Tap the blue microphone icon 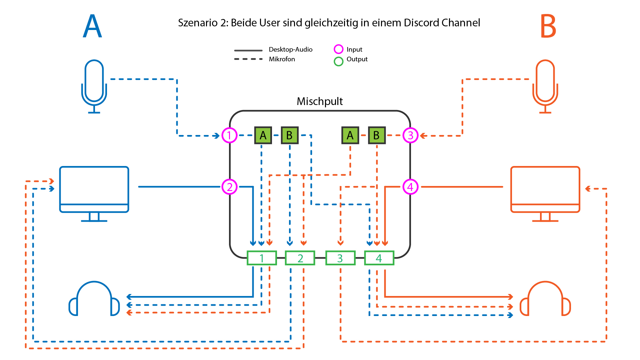[x=94, y=86]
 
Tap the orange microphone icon [x=545, y=86]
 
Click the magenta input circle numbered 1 [x=229, y=135]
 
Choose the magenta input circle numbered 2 [x=229, y=187]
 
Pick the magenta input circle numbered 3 [x=410, y=135]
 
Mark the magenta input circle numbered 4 [x=410, y=187]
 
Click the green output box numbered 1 [x=262, y=258]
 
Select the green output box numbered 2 [x=300, y=258]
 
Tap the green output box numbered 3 [x=340, y=258]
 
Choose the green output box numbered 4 [x=379, y=258]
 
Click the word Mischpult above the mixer [x=320, y=101]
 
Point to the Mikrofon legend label [x=282, y=59]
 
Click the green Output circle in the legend [x=338, y=61]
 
